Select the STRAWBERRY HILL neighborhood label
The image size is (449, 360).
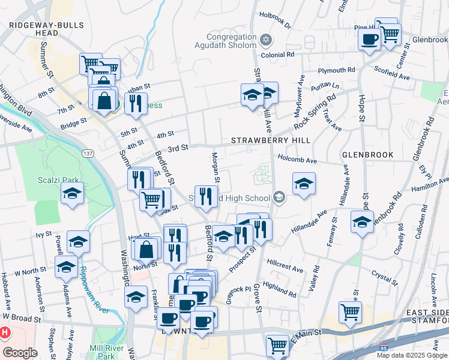[x=271, y=140]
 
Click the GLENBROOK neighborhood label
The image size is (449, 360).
[x=368, y=154]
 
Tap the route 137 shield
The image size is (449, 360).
[x=88, y=154]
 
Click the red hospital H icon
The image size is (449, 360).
[x=5, y=332]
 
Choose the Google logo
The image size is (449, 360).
[x=20, y=353]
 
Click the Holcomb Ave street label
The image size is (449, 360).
[x=297, y=160]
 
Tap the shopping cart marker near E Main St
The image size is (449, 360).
[x=350, y=311]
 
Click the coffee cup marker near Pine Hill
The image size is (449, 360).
[x=369, y=40]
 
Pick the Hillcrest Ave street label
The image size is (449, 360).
[x=285, y=266]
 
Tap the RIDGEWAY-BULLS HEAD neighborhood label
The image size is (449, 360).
[x=41, y=28]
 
